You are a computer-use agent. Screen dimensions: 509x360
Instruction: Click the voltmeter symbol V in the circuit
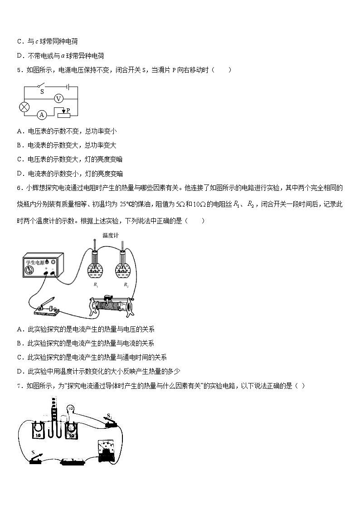point(58,98)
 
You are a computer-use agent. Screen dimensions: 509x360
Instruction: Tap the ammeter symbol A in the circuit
point(42,115)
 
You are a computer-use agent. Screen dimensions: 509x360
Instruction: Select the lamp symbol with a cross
point(24,107)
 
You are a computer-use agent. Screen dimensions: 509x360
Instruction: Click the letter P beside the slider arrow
point(68,110)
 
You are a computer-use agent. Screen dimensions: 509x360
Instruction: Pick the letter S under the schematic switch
point(42,92)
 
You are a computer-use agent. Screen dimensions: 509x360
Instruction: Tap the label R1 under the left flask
point(96,285)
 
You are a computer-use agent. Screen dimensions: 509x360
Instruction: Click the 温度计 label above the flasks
point(109,235)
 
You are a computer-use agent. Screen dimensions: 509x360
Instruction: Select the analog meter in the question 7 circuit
point(108,450)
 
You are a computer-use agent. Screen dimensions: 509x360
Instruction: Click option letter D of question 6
point(19,371)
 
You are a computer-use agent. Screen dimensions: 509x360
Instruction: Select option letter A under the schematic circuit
point(19,131)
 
